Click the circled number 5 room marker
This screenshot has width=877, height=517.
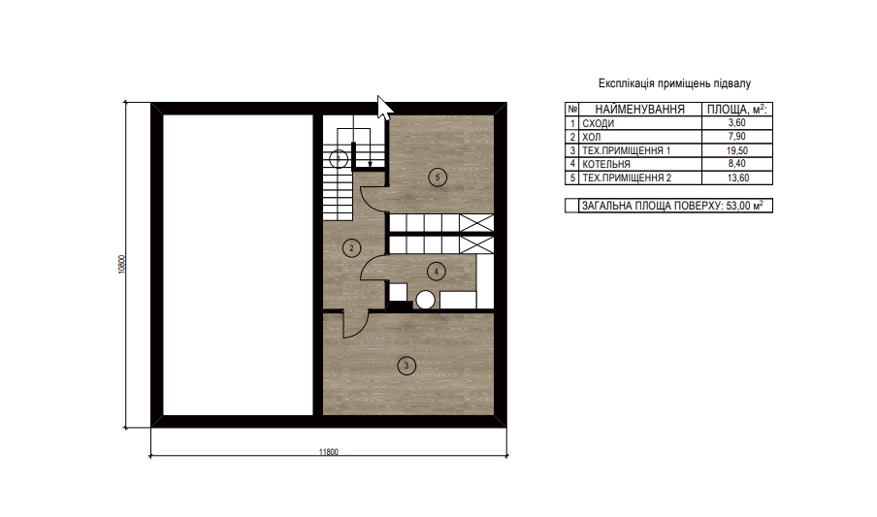coord(438,178)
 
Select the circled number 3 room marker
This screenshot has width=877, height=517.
coord(406,366)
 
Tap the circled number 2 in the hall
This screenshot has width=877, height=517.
coord(351,248)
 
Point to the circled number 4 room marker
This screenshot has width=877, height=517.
coord(437,272)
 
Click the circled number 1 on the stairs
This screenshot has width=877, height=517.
coord(339,159)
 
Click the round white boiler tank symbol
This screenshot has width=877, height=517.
coord(426,300)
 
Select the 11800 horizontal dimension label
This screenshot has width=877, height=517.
coord(328,452)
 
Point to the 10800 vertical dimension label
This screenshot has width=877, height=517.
coord(122,264)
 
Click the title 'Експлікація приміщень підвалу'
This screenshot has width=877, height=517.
coord(674,83)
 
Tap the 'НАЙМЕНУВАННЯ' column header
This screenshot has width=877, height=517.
coord(640,109)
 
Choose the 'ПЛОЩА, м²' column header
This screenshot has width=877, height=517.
coord(737,109)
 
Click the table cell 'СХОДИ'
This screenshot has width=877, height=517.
coord(598,123)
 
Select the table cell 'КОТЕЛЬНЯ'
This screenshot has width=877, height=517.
coord(605,165)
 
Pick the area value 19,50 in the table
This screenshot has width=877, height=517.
coord(737,150)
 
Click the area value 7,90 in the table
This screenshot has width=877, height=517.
coord(737,137)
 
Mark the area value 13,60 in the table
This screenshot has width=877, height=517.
coord(737,178)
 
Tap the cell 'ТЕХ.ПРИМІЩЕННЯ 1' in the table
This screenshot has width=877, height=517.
coord(626,150)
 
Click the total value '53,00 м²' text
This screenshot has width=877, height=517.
coord(744,206)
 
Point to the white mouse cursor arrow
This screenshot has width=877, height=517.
coord(384,107)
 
